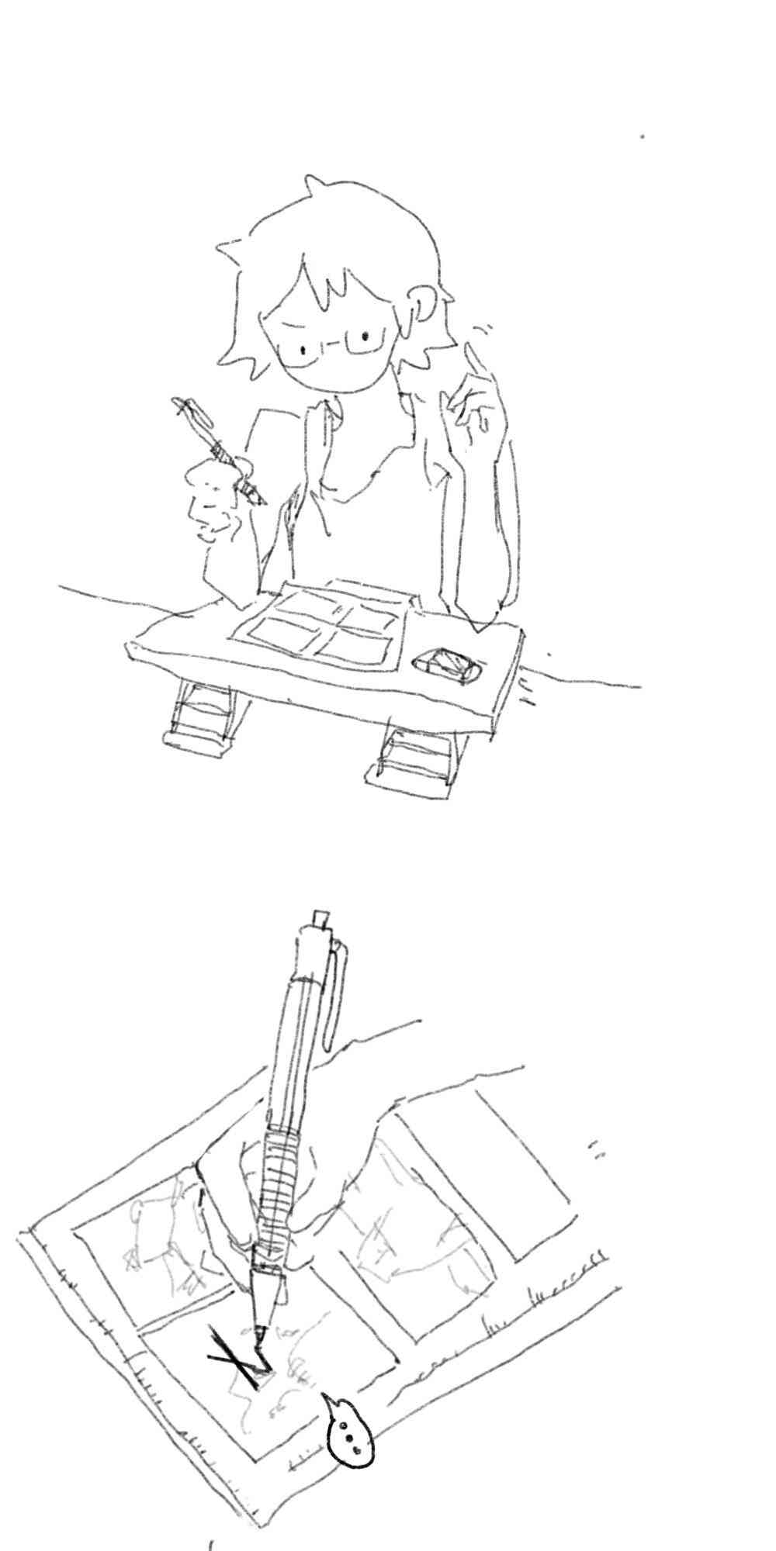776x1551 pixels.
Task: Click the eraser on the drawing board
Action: (447, 665)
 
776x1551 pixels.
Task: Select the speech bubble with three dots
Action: (349, 1437)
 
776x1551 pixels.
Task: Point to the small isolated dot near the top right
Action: (643, 136)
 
